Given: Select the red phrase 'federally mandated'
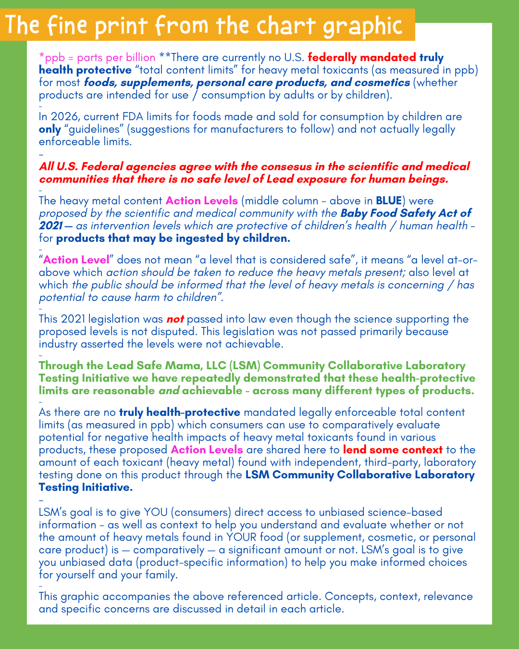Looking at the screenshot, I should (362, 58).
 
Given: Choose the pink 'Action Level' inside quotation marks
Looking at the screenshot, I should (76, 260).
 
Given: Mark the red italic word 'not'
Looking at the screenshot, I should (175, 319).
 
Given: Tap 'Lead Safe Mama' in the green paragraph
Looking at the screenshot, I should (126, 366).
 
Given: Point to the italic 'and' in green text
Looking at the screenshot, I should (169, 391).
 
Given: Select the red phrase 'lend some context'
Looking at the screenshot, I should (393, 450).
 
